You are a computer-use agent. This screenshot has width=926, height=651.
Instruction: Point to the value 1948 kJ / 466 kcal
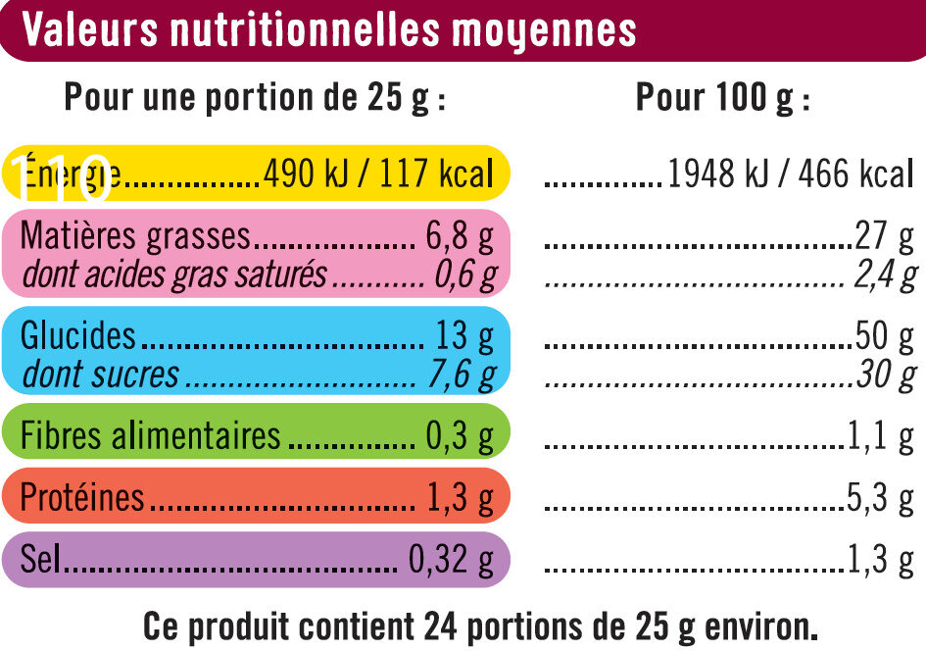(789, 175)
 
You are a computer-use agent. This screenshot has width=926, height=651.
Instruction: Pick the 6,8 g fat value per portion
(460, 236)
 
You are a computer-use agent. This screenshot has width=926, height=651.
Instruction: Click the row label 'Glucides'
(78, 336)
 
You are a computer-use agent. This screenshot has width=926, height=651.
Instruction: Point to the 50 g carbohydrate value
(884, 336)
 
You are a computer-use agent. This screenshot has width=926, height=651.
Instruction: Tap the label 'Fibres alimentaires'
(151, 435)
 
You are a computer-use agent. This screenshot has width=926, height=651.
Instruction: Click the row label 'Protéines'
(82, 498)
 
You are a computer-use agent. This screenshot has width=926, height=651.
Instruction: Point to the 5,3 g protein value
(880, 498)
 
